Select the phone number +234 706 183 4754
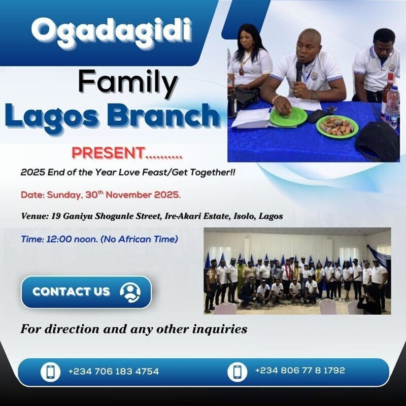(113, 371)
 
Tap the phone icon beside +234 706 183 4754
(50, 371)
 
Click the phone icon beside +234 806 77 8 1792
(237, 371)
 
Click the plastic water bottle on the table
(391, 107)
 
